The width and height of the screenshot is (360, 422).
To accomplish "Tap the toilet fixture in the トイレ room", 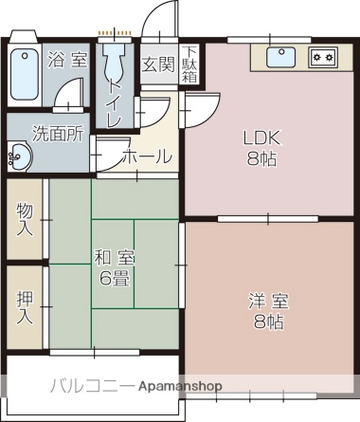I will click(x=116, y=65).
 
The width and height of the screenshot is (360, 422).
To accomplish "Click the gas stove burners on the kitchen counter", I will click(x=323, y=57).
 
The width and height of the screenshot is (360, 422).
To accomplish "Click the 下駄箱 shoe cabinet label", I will click(x=190, y=64).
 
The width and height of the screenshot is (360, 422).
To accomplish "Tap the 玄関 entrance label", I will click(x=157, y=64).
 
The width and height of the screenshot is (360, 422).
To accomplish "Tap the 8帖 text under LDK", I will click(x=262, y=159).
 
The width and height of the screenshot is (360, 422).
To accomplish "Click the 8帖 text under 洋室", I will click(x=268, y=323).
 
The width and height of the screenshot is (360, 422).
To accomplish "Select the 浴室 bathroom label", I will click(x=68, y=60).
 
